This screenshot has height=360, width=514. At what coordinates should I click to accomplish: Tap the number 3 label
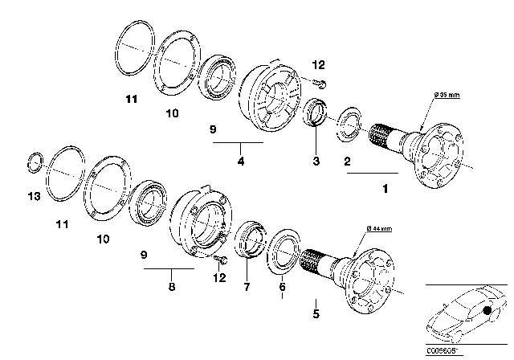tap(316, 162)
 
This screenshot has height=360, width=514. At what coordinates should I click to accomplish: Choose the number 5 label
tap(316, 314)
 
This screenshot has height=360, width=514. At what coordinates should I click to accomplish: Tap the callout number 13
tap(31, 195)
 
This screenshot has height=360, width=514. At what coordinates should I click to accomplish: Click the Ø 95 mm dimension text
tap(446, 96)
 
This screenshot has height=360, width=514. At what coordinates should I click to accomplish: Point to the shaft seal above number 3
tap(314, 112)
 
